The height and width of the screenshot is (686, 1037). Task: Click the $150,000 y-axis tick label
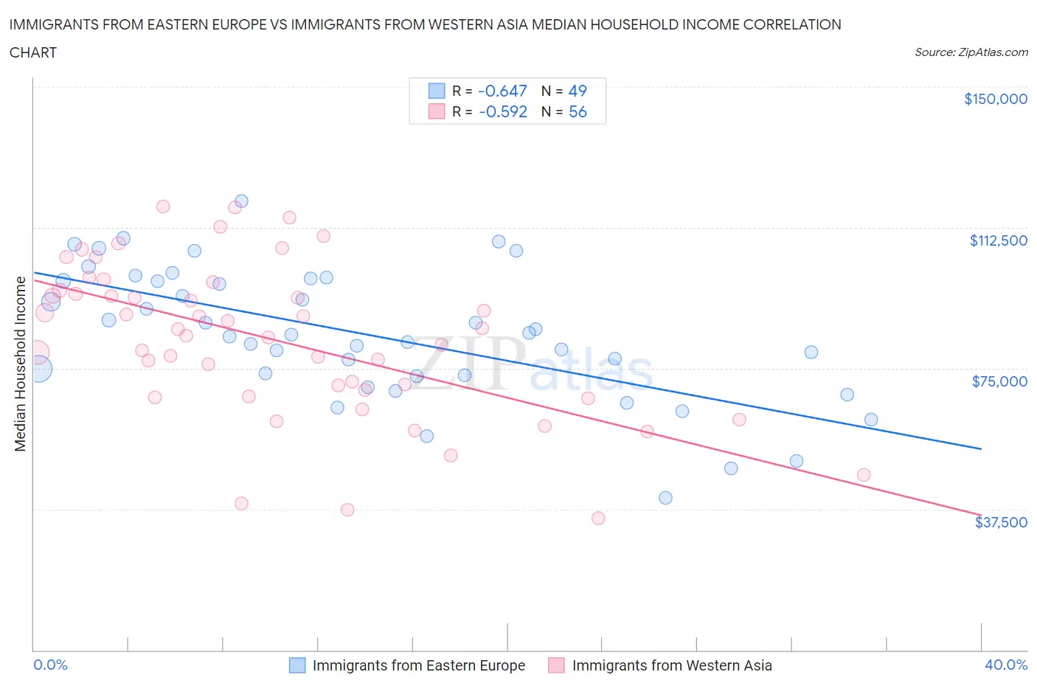[995, 99]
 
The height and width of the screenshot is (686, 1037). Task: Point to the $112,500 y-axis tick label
[998, 240]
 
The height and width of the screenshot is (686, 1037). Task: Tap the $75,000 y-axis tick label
[999, 381]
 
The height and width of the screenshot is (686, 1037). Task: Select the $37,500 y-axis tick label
[1001, 522]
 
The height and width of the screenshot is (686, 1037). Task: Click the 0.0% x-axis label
[50, 665]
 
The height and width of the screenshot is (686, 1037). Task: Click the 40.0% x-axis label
[1006, 665]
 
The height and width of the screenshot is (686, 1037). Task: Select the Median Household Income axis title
[20, 364]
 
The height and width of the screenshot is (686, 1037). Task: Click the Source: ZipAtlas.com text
[971, 52]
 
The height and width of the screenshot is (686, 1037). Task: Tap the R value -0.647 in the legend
[502, 91]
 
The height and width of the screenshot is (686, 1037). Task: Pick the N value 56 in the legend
[578, 111]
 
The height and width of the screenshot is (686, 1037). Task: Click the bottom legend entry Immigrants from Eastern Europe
[418, 665]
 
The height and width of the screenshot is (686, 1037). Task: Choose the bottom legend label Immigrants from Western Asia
[671, 665]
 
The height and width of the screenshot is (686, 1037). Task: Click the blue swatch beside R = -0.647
[437, 91]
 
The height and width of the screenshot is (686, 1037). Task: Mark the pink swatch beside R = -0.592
[437, 111]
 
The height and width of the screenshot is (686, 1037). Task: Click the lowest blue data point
[665, 498]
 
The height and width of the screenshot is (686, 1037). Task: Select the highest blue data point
[241, 201]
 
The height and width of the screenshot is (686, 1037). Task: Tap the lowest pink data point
[598, 519]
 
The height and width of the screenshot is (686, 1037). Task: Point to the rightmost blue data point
[871, 420]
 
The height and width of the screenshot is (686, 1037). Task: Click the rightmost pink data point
[864, 475]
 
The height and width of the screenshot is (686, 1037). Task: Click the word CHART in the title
[33, 52]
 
